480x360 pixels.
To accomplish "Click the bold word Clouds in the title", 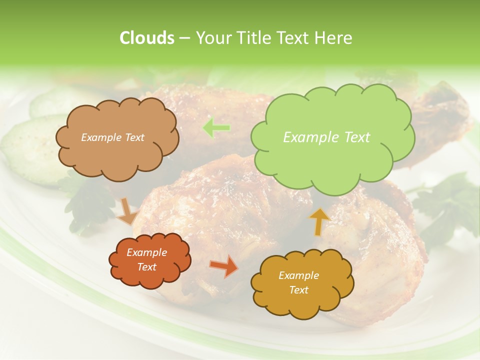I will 146,38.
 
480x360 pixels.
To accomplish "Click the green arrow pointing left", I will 216,128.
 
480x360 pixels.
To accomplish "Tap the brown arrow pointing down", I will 127,211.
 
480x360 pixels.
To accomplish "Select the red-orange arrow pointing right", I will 224,266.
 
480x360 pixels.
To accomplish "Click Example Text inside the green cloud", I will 326,137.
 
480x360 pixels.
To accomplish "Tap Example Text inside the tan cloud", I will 112,137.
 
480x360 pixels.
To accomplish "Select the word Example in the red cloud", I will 146,252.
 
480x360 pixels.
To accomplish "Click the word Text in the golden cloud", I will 298,290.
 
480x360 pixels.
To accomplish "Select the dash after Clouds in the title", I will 184,38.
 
